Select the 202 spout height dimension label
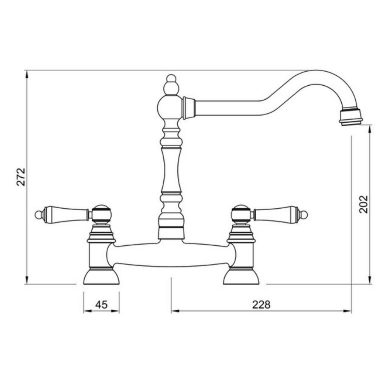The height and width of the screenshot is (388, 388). (x=363, y=204)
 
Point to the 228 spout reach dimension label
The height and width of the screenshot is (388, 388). (x=261, y=305)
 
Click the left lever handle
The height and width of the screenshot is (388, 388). (x=66, y=213)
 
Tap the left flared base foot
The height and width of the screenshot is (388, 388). (x=101, y=277)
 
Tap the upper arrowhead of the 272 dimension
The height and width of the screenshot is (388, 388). (x=27, y=74)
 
